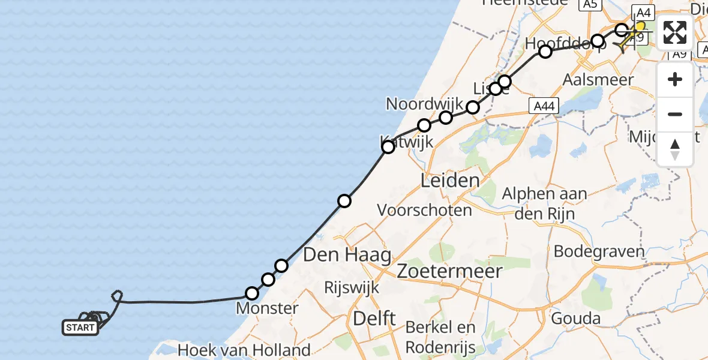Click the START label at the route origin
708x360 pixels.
tap(80, 328)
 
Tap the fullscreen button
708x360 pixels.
tap(675, 32)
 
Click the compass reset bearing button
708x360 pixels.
tap(675, 149)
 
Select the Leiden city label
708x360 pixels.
tap(450, 180)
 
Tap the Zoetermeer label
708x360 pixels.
tap(450, 271)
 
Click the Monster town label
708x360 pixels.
tap(267, 309)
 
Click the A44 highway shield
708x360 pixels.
tap(544, 106)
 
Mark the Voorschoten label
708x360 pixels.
tap(424, 210)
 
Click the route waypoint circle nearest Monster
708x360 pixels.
tap(252, 293)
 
